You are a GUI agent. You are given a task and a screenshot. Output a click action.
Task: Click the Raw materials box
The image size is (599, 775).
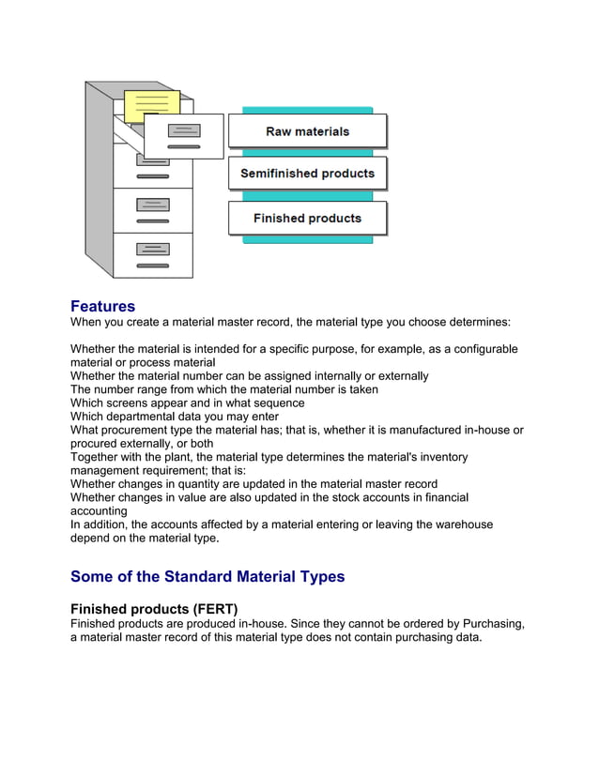pos(307,131)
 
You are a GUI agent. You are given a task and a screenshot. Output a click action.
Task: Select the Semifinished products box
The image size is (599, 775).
pos(307,174)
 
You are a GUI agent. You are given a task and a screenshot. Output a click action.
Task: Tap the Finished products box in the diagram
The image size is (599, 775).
pos(307,219)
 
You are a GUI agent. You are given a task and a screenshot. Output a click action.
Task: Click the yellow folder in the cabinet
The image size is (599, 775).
pos(151,105)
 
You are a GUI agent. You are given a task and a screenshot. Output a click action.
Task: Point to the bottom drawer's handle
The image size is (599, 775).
pos(152,266)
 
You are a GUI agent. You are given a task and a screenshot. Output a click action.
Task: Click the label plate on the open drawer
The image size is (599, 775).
pos(184,130)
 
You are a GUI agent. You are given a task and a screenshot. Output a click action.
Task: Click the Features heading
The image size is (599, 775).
pos(102,307)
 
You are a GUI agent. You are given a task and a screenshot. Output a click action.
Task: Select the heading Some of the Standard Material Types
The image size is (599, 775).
pos(207,576)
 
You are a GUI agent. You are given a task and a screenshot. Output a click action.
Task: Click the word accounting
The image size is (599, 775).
pos(99,511)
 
